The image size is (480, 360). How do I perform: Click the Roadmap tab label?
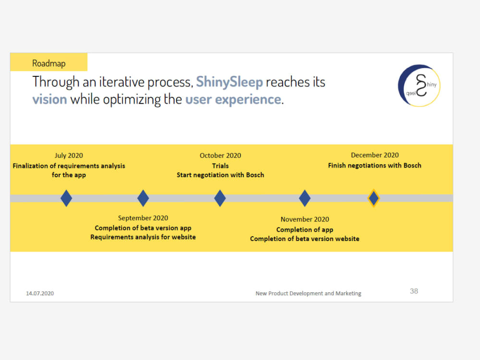[48, 63]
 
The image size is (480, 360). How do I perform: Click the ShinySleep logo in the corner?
[419, 85]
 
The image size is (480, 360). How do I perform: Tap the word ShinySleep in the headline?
[229, 82]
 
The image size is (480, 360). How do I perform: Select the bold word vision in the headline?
[49, 99]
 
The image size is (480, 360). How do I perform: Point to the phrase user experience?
[233, 99]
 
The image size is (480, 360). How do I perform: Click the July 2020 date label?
[69, 156]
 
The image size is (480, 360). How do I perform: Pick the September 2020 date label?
[143, 218]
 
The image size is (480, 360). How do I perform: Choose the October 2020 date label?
[220, 156]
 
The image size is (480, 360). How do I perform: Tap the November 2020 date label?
[305, 219]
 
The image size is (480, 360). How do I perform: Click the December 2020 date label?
[374, 155]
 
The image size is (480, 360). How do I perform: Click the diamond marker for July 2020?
[66, 198]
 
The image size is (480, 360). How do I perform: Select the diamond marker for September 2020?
[143, 198]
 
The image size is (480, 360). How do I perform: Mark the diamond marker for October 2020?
[220, 198]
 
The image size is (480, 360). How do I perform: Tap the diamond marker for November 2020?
[305, 198]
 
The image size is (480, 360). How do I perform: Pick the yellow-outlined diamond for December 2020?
[373, 198]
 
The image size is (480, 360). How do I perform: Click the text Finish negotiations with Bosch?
[374, 166]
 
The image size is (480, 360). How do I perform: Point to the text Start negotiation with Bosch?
[220, 175]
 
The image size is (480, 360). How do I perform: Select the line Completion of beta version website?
[304, 239]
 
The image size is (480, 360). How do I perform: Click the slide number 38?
[414, 291]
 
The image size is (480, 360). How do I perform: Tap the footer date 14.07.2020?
[40, 293]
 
